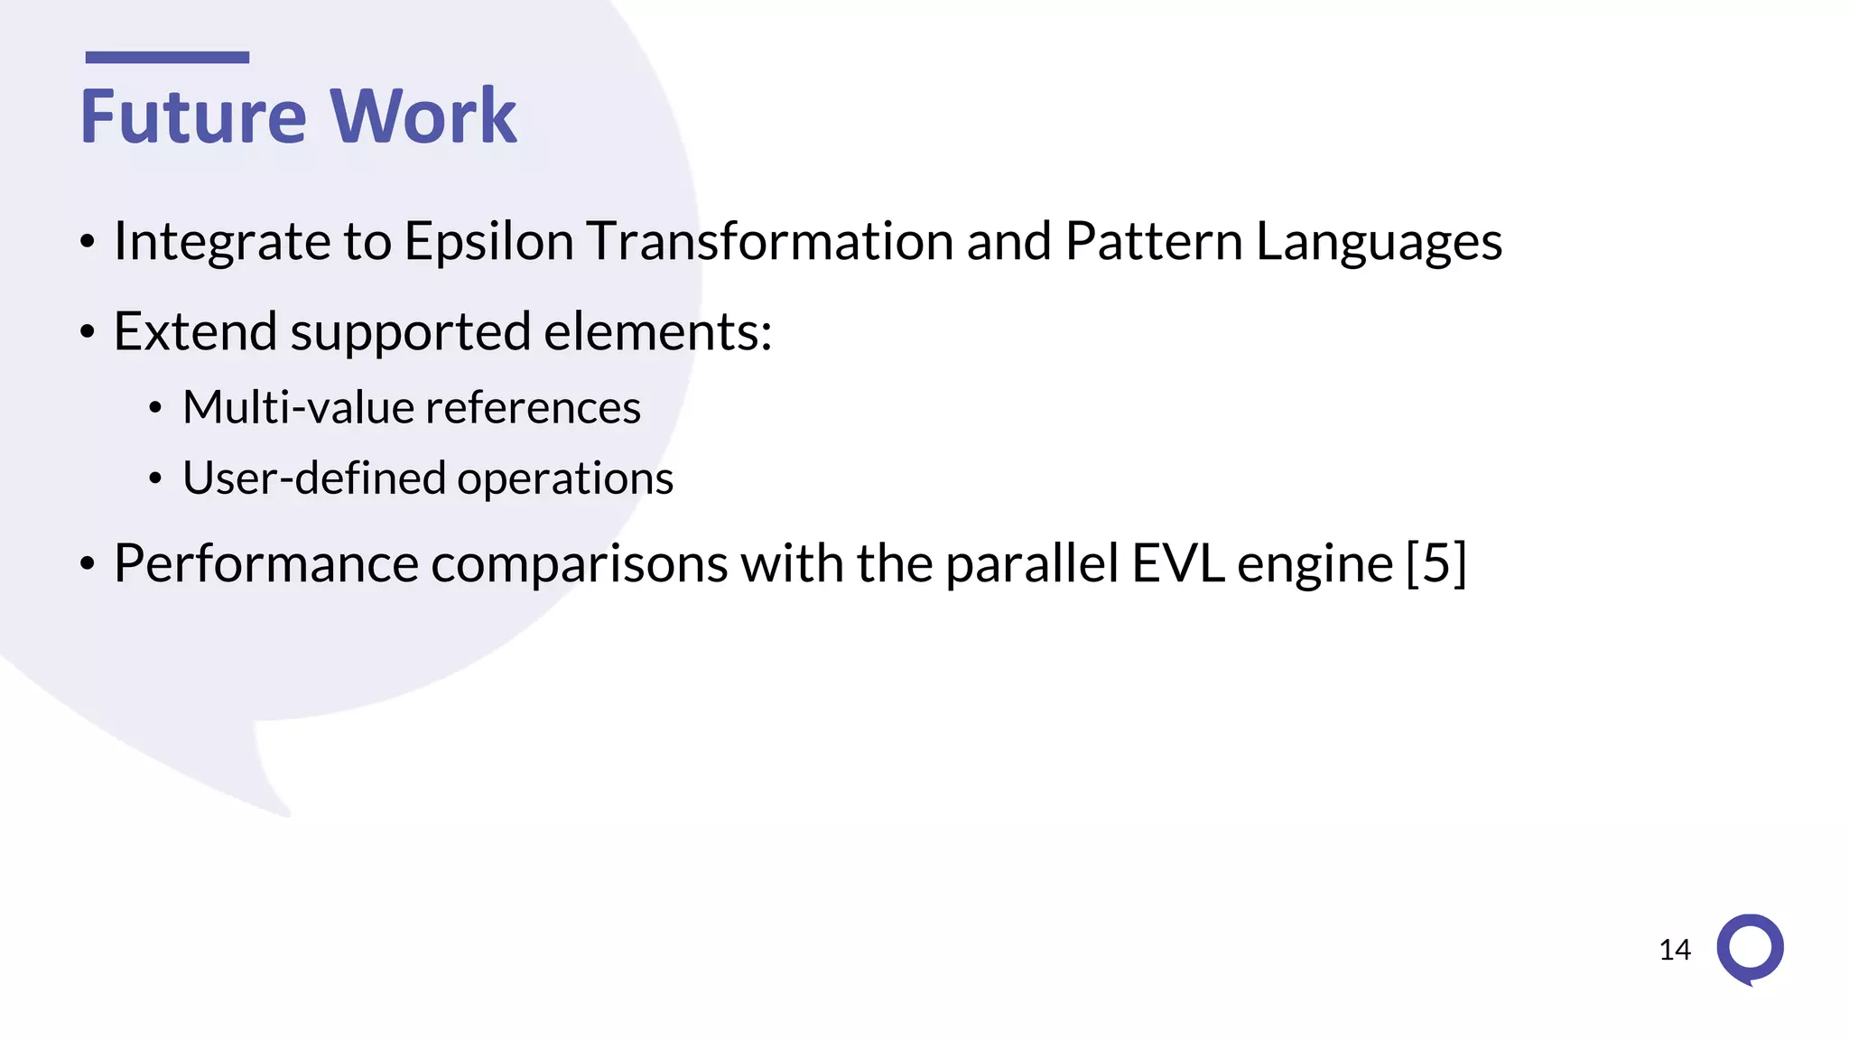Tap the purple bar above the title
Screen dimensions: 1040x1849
click(x=167, y=57)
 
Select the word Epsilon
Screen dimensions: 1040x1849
click(x=488, y=242)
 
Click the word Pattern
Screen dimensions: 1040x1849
click(x=1154, y=241)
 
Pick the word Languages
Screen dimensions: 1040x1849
click(x=1379, y=242)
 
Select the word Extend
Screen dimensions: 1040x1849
click(x=195, y=330)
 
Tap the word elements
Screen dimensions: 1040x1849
click(x=657, y=330)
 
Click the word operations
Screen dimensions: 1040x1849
click(x=565, y=478)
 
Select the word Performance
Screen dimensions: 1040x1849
click(x=266, y=563)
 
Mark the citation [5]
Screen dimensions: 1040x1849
click(x=1436, y=563)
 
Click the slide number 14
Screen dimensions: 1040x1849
click(x=1675, y=950)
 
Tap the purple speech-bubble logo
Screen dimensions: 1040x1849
click(x=1750, y=949)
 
